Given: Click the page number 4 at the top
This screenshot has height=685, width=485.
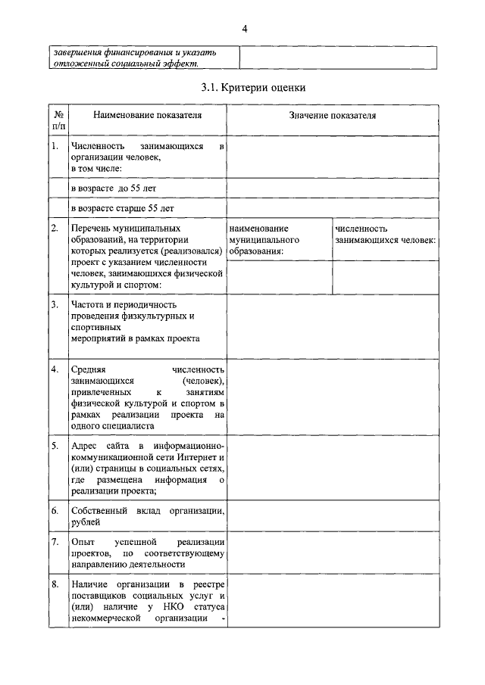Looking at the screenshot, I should (244, 29).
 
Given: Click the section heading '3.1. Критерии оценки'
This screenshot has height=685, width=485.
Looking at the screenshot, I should (253, 89).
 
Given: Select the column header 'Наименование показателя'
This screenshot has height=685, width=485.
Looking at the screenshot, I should (148, 115).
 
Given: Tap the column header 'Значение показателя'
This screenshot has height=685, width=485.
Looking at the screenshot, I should (332, 115).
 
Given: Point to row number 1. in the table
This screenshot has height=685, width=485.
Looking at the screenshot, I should (55, 146).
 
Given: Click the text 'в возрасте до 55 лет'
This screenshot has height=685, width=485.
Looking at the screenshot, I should (114, 187).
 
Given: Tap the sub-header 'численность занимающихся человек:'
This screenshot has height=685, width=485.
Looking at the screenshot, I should (384, 234).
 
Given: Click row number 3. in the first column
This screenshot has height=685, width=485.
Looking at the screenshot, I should (55, 304).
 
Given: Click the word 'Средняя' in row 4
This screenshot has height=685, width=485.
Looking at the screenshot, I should (88, 369).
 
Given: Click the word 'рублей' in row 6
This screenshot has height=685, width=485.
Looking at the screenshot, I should (84, 522).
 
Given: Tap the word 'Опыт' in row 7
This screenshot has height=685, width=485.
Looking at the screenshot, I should (82, 542).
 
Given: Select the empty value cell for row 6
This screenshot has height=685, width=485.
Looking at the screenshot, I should (332, 516).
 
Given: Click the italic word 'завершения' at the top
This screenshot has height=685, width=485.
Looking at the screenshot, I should (77, 52).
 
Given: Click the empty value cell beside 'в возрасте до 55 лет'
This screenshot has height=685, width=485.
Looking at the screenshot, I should (332, 187).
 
